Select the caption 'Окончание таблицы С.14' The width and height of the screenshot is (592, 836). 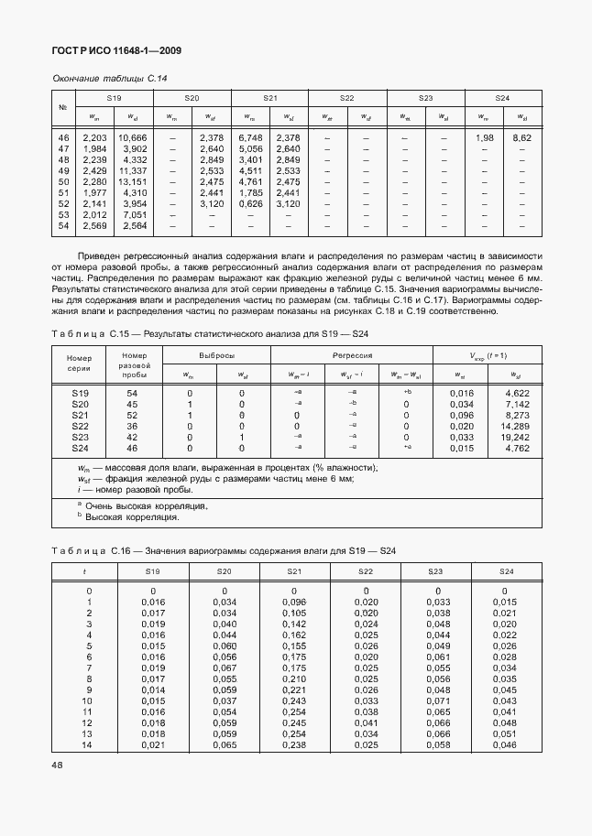click(x=109, y=78)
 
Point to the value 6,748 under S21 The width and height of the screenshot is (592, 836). click(x=250, y=136)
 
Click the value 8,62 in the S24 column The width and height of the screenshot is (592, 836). click(x=521, y=136)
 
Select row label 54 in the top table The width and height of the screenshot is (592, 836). click(x=63, y=225)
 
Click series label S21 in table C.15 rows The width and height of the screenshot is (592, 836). click(x=81, y=416)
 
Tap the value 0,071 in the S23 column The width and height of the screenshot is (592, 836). click(x=439, y=700)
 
